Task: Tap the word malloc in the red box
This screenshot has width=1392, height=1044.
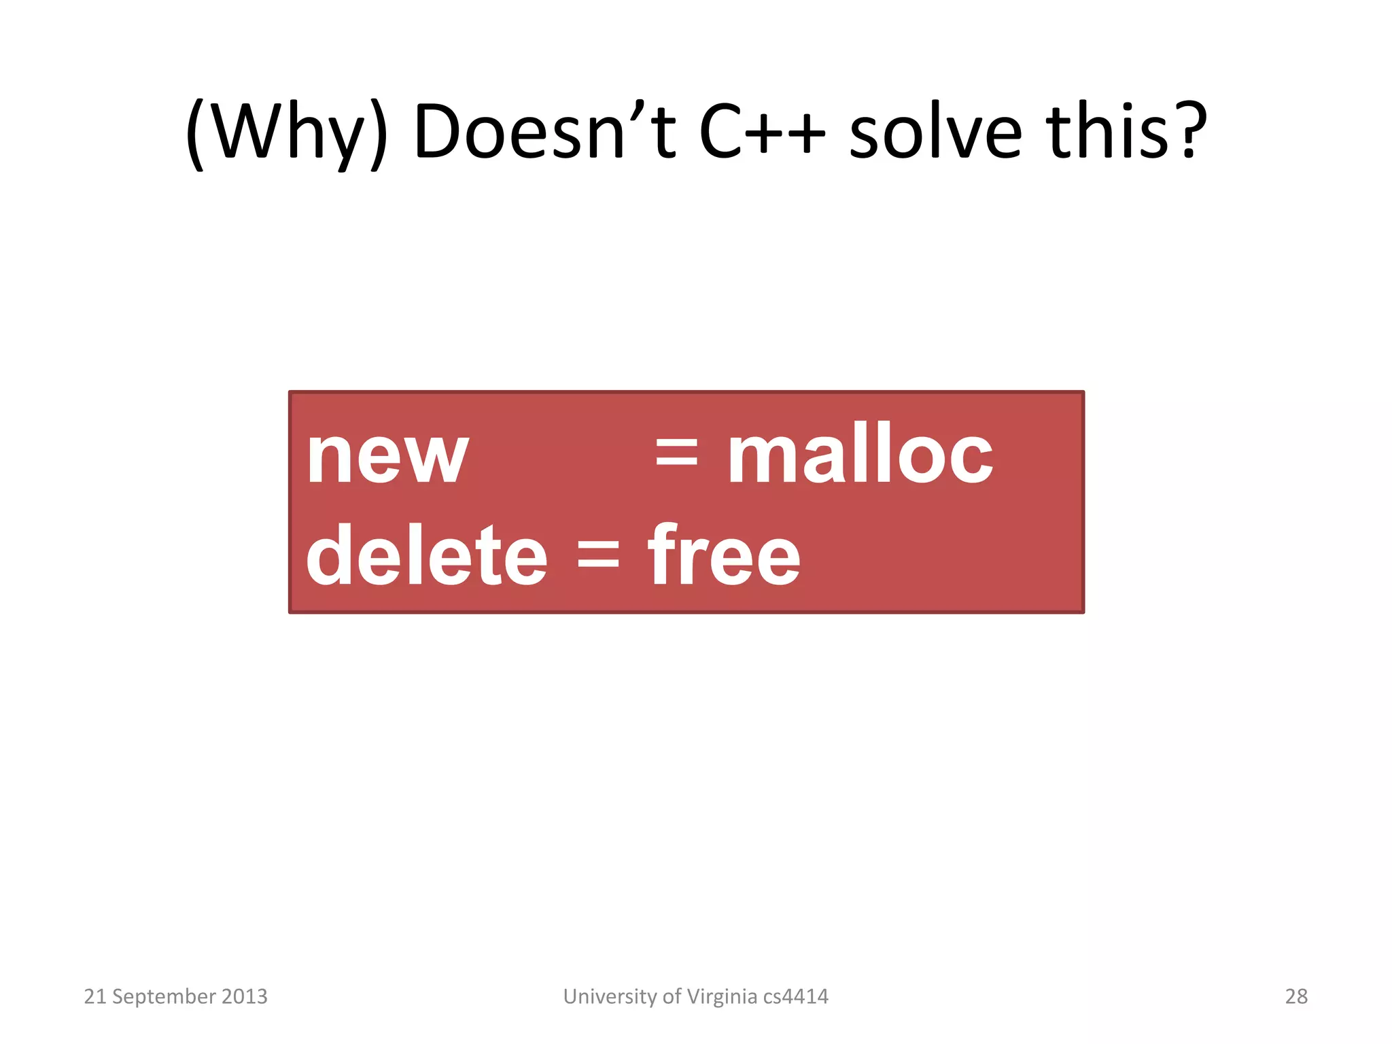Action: [860, 453]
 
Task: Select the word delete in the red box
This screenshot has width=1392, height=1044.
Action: [426, 556]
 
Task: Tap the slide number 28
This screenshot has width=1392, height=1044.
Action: [1295, 996]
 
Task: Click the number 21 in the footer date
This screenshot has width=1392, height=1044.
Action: [94, 996]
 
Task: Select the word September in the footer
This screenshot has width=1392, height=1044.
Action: [164, 997]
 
